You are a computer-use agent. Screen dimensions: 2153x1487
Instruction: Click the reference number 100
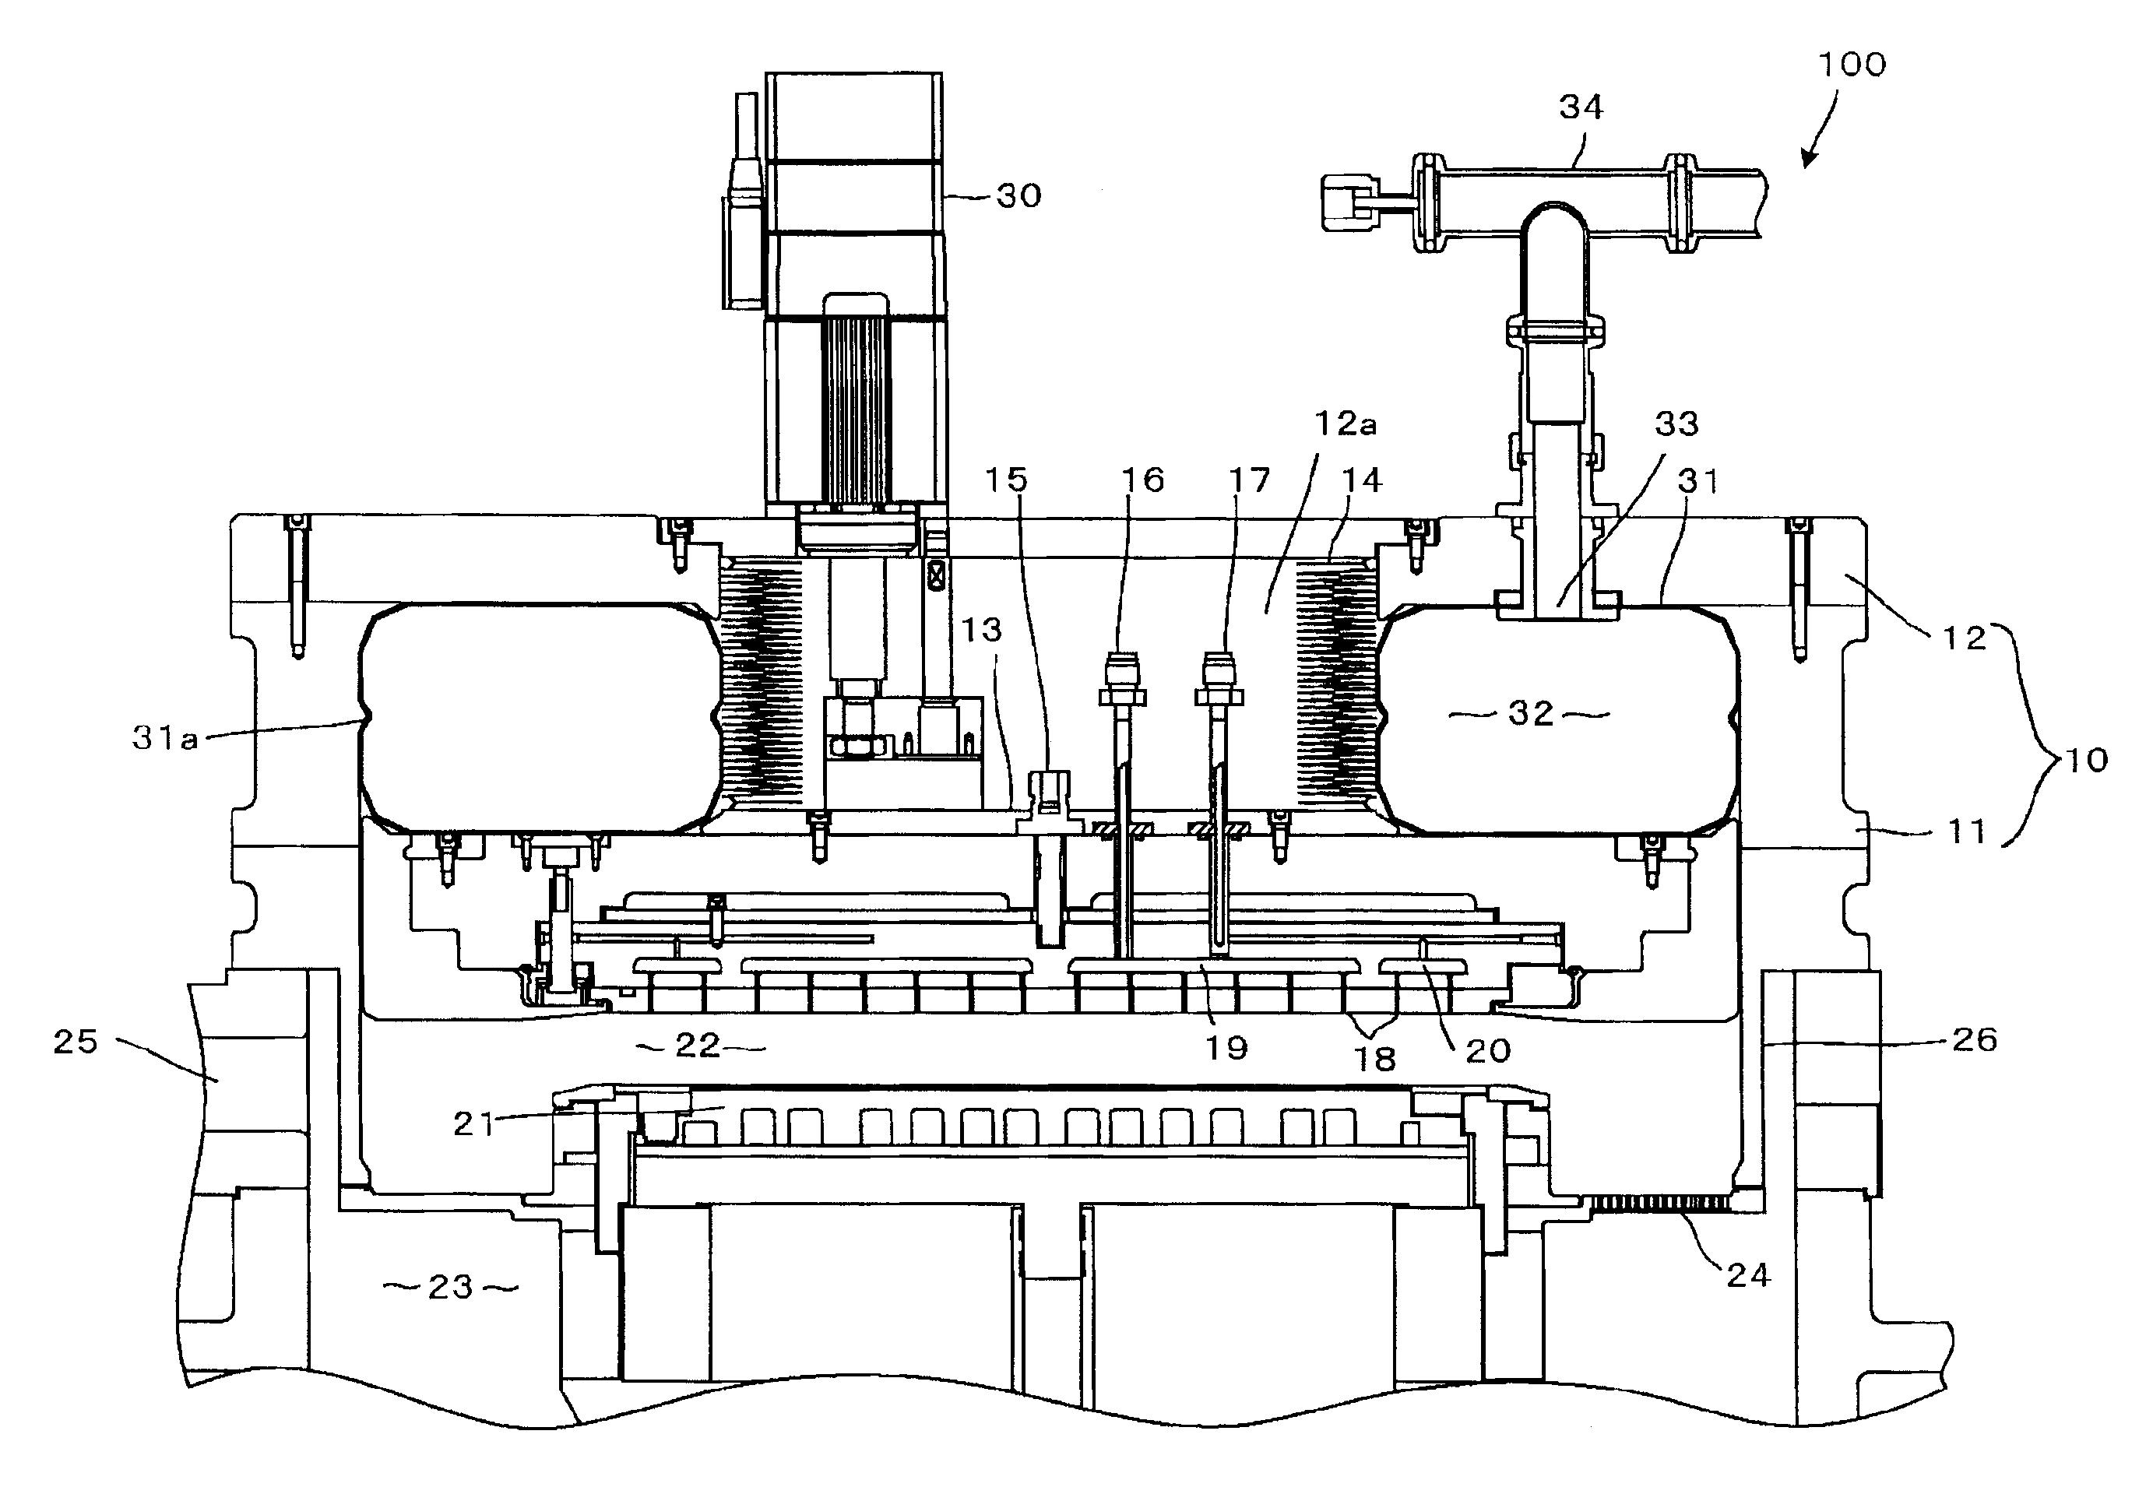coord(1852,65)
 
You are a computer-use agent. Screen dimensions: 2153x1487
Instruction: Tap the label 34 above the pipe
coord(1581,108)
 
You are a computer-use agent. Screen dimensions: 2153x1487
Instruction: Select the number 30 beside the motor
coord(1018,195)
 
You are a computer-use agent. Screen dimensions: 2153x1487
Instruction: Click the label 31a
coord(165,739)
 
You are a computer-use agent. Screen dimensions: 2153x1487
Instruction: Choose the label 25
coord(75,1041)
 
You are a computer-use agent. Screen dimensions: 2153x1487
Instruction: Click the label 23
coord(451,1288)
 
